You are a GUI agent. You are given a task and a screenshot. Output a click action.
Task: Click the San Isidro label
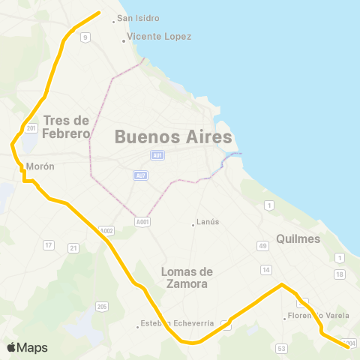[138, 18]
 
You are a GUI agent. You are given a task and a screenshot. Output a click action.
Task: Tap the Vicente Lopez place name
[159, 36]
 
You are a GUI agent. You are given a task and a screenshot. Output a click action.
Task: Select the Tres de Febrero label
[67, 127]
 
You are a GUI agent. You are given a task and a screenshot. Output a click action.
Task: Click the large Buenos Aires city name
[173, 136]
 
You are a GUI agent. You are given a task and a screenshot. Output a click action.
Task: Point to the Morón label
[40, 166]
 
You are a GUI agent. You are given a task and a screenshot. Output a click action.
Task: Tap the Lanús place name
[206, 222]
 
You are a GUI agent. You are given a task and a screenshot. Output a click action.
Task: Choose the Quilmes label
[298, 238]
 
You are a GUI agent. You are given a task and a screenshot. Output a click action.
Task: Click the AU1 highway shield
[157, 155]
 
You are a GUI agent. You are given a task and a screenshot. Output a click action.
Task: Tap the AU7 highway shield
[142, 175]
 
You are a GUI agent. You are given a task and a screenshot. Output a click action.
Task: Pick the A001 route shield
[143, 221]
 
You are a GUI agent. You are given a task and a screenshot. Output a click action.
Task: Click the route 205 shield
[102, 306]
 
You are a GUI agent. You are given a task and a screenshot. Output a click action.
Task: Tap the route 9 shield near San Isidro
[85, 37]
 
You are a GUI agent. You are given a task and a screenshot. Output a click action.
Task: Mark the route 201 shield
[31, 128]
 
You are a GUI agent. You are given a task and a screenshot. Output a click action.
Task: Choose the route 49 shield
[262, 246]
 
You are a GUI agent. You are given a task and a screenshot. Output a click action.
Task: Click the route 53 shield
[281, 348]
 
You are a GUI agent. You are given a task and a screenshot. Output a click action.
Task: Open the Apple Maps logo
[27, 347]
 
